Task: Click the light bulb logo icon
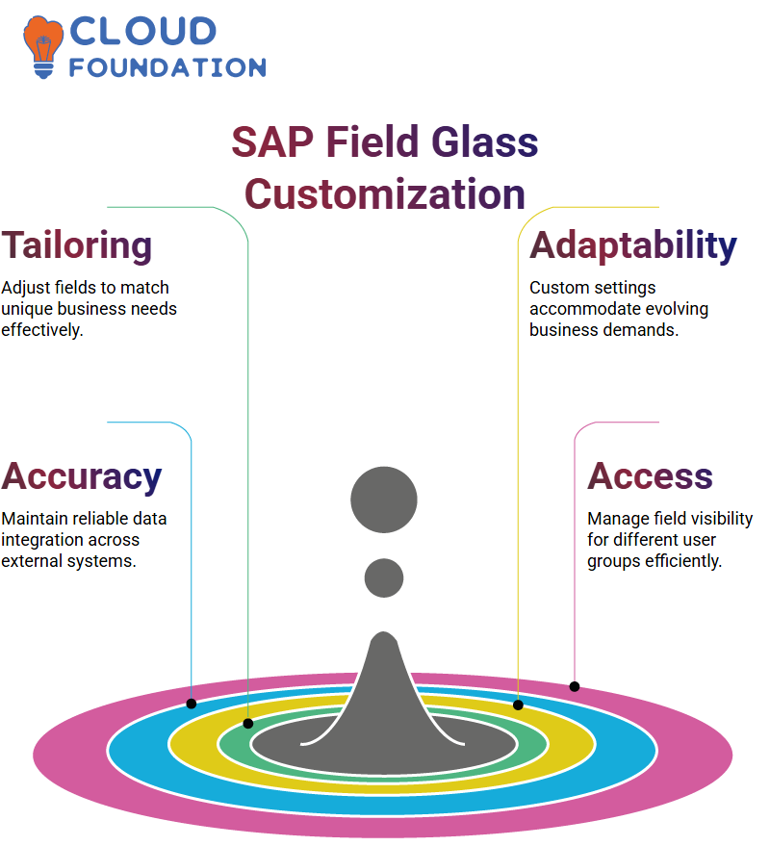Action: click(x=42, y=47)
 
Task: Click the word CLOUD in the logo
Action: click(x=143, y=32)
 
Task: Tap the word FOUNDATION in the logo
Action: click(x=167, y=67)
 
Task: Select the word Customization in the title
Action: click(x=385, y=194)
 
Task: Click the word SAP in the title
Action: click(x=272, y=141)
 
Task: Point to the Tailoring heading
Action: click(x=77, y=245)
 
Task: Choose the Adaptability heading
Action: click(x=633, y=245)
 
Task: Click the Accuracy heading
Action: click(x=82, y=477)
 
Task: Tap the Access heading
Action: click(x=651, y=476)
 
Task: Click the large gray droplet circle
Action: click(x=384, y=500)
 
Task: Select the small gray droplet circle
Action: click(x=384, y=577)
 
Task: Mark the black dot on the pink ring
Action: click(x=575, y=687)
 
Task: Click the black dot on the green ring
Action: click(x=248, y=724)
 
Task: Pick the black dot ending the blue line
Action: click(x=192, y=704)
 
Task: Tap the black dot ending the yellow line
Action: click(x=518, y=705)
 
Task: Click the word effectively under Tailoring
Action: click(x=42, y=330)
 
